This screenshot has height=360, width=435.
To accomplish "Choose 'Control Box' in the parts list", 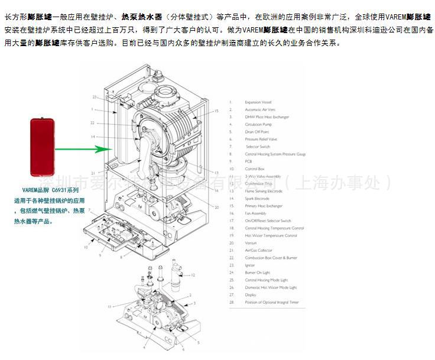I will (255, 168).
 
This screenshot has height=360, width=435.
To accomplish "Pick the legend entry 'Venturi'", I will (251, 243).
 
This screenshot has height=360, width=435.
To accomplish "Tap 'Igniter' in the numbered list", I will (251, 265).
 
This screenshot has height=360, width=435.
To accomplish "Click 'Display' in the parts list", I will (251, 294).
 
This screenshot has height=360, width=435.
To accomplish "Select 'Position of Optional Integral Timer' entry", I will (272, 302).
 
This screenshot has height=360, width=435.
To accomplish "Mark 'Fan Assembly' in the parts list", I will (256, 213).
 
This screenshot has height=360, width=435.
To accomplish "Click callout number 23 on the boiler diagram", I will (95, 97).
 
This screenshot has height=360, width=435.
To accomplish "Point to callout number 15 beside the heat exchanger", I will (216, 111).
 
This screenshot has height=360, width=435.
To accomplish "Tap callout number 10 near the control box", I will (86, 247).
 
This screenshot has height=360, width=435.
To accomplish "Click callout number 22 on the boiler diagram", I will (92, 123).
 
